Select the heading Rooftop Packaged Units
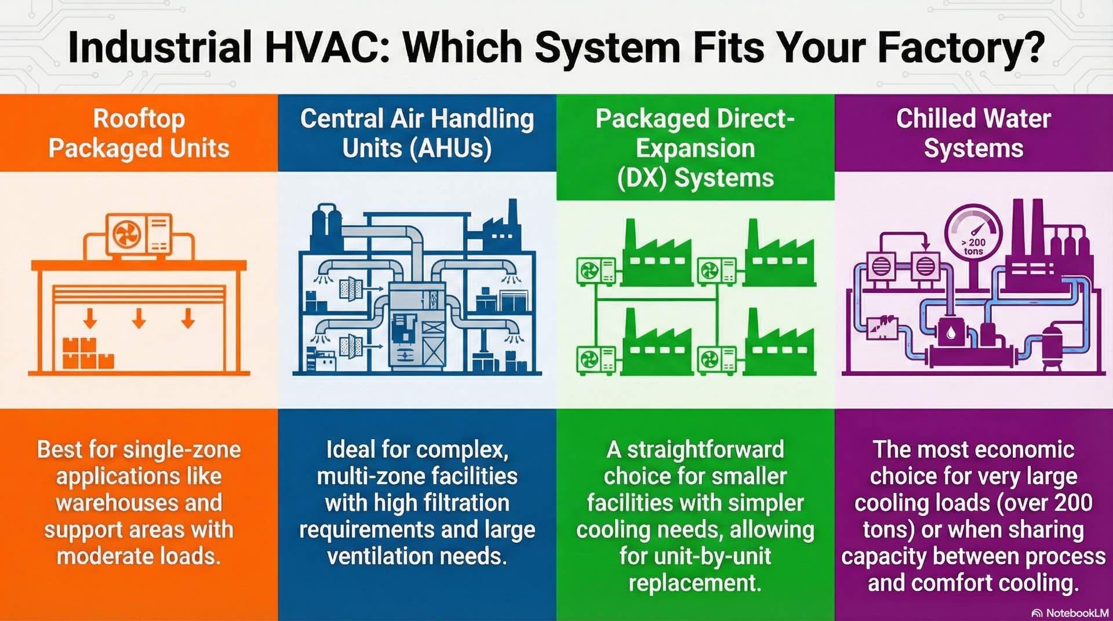click(139, 133)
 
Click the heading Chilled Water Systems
click(973, 133)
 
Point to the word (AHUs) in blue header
click(450, 148)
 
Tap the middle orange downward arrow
click(139, 318)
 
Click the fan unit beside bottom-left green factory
click(596, 360)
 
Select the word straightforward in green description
click(705, 450)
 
